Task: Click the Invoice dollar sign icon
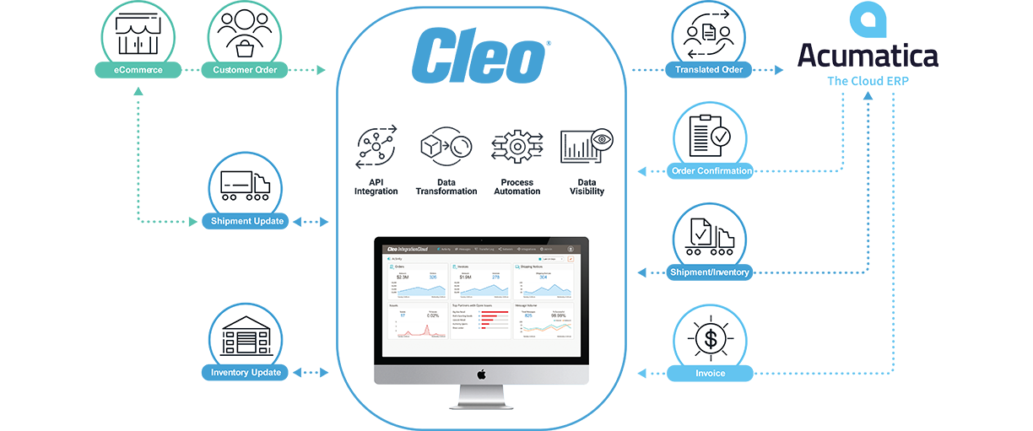click(710, 337)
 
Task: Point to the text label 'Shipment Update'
click(246, 221)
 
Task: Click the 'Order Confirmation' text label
click(711, 171)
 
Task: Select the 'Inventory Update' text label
click(246, 372)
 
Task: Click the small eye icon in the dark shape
click(602, 140)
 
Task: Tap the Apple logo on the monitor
click(481, 373)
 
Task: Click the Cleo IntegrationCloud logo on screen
click(408, 249)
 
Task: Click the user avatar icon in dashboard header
click(571, 249)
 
